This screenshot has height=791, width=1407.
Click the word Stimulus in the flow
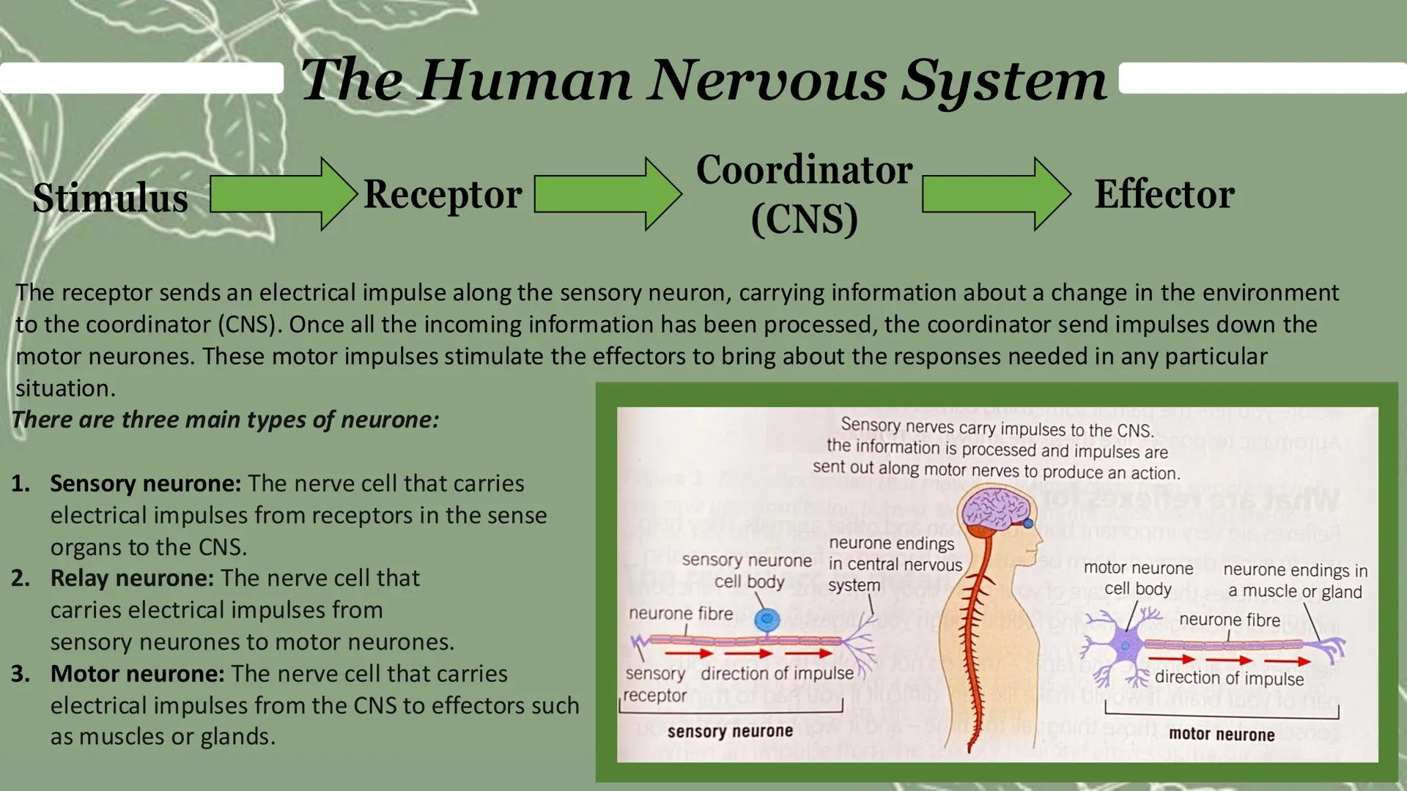(x=110, y=198)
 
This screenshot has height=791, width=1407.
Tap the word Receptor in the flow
(x=443, y=195)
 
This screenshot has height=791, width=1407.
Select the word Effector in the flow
(x=1164, y=195)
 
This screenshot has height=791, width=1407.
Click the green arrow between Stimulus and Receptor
(x=282, y=194)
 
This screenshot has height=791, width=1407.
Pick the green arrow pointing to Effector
(x=995, y=194)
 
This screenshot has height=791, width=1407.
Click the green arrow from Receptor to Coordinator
(x=607, y=194)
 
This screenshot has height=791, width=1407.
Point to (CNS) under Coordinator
(x=804, y=219)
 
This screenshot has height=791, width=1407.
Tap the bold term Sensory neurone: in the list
(x=145, y=483)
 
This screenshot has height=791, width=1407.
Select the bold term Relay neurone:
(x=132, y=578)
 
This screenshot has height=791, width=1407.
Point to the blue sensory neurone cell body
(x=767, y=620)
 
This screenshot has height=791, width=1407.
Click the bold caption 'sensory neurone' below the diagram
(x=730, y=732)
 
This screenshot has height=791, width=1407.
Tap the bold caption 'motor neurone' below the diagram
(x=1221, y=735)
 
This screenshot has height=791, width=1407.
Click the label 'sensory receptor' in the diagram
(x=655, y=684)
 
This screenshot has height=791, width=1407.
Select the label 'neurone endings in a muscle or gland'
(x=1295, y=581)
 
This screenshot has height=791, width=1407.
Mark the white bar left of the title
(x=141, y=78)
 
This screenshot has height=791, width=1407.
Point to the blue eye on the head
(x=1028, y=523)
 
